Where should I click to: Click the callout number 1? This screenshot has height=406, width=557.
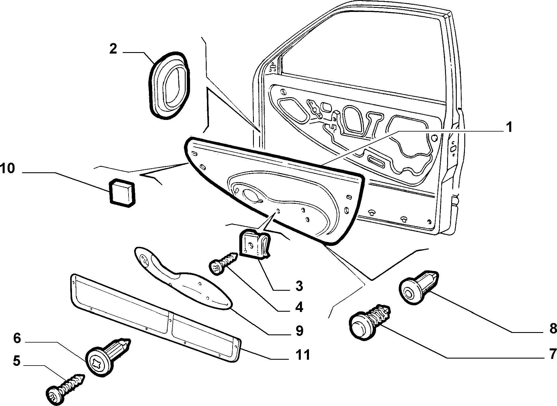[509, 127]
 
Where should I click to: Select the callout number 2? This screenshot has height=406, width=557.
[113, 49]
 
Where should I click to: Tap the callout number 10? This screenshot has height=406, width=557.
[8, 169]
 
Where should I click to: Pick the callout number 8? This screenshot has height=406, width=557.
[552, 329]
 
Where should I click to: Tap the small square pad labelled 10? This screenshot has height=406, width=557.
[122, 193]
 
